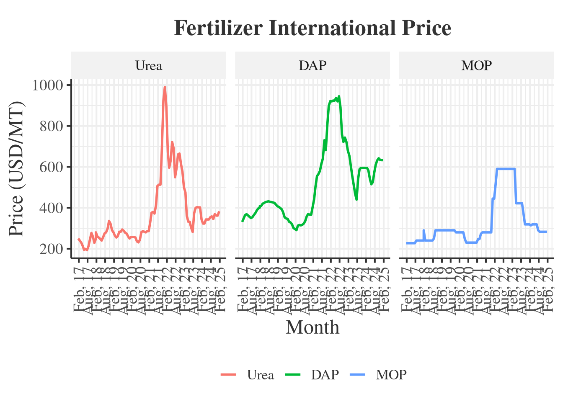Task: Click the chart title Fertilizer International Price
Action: (x=312, y=28)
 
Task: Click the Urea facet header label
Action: (x=149, y=66)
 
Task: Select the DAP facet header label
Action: (x=312, y=66)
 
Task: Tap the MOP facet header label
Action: (x=476, y=66)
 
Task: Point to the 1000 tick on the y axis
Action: (x=47, y=85)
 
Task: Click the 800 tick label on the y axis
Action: (x=51, y=126)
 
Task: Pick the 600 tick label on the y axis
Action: (x=51, y=167)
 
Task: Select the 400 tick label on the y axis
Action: (x=51, y=208)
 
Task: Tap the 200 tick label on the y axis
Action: (x=51, y=249)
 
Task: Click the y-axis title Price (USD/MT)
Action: (x=16, y=169)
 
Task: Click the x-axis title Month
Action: (x=312, y=327)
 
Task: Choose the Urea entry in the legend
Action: (x=260, y=375)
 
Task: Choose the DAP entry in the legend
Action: (x=325, y=375)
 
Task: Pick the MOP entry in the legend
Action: (x=391, y=375)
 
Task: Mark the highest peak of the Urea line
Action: (x=165, y=87)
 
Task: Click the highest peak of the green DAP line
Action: (x=339, y=96)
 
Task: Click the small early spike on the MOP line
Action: (x=424, y=230)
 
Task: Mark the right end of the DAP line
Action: (x=382, y=160)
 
